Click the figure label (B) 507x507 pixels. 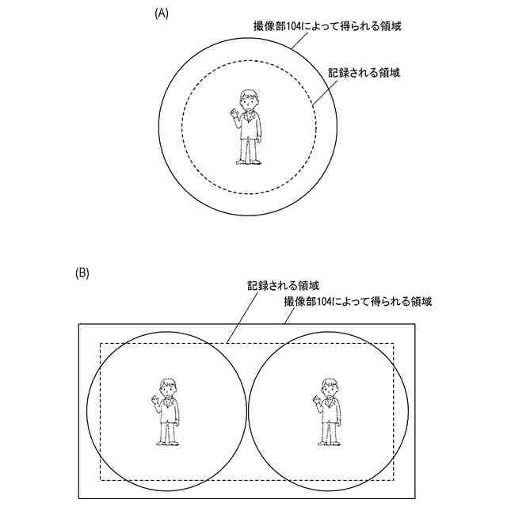(82, 273)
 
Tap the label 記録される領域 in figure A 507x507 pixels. (364, 73)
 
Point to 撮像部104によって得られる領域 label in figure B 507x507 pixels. (357, 302)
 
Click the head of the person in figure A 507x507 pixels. (250, 99)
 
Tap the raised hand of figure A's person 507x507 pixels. (234, 116)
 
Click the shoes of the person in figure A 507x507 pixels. (250, 162)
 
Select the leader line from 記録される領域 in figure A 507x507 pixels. (325, 92)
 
